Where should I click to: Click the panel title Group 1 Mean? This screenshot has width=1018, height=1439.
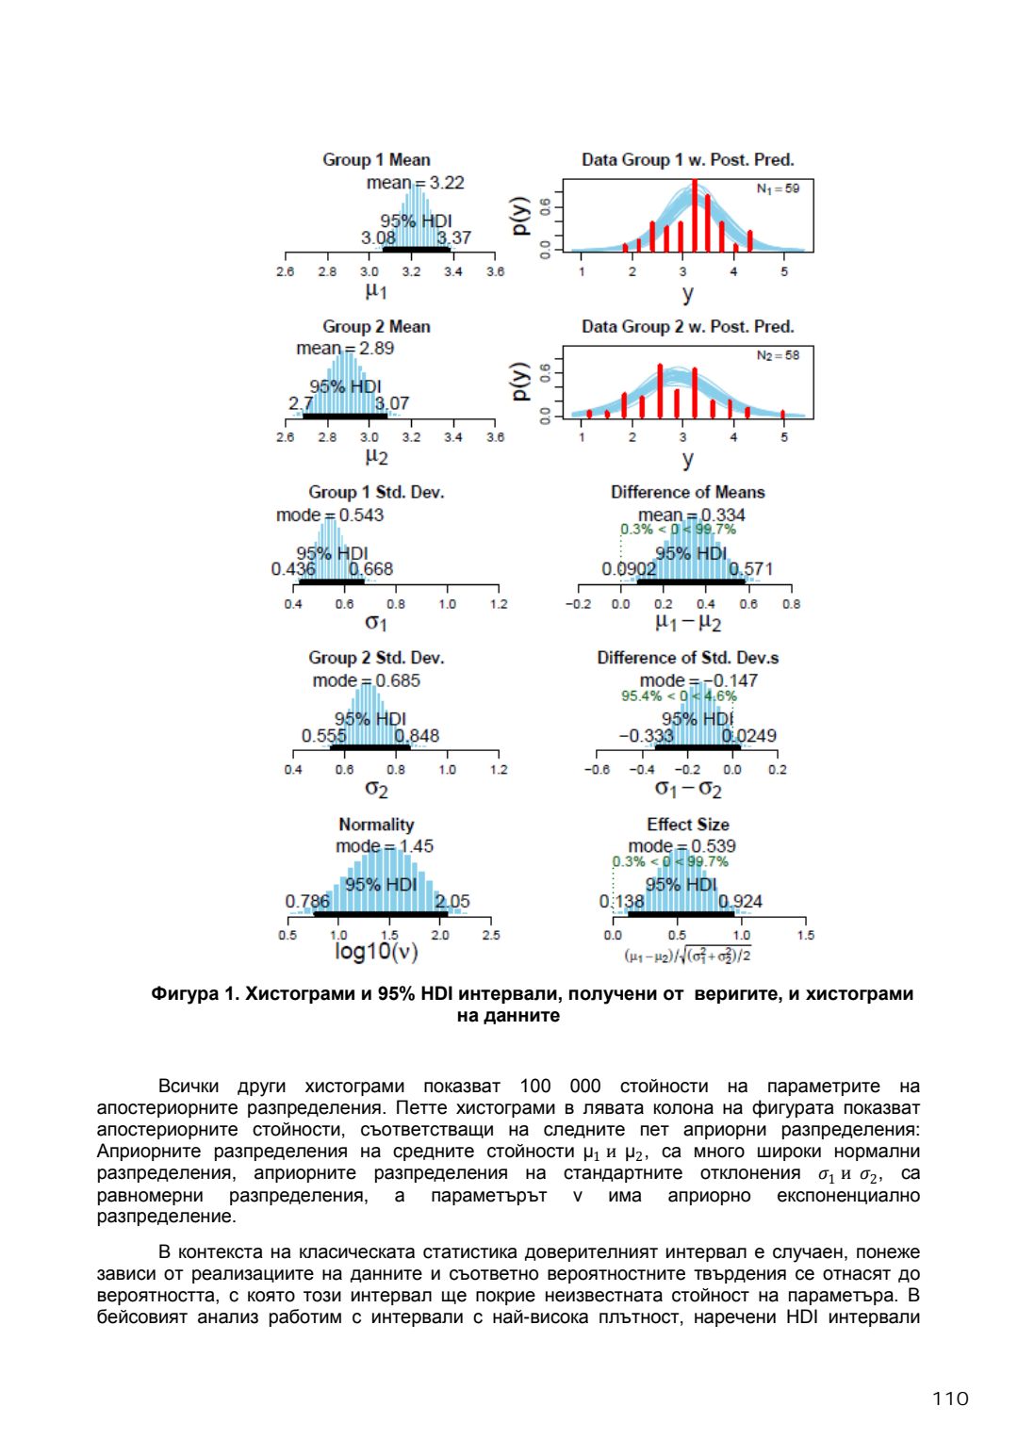click(376, 160)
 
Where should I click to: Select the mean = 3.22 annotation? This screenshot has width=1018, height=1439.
click(415, 183)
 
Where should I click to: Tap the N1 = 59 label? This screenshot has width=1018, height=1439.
click(778, 188)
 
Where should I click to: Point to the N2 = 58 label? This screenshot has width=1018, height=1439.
click(778, 355)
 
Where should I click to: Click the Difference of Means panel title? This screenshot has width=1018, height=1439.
click(687, 492)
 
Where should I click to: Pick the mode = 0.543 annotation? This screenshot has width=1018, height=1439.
click(330, 515)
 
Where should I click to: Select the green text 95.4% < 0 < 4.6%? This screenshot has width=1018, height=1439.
click(679, 696)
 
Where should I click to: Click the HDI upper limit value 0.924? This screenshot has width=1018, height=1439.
click(741, 902)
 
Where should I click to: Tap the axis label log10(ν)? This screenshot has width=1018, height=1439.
click(376, 952)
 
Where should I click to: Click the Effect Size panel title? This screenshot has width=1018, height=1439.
click(687, 825)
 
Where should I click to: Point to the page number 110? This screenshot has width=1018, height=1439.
click(950, 1398)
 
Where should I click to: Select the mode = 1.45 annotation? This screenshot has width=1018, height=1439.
click(385, 846)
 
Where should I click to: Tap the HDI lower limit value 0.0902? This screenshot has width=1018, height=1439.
click(629, 569)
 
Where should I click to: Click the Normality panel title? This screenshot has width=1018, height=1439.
click(376, 825)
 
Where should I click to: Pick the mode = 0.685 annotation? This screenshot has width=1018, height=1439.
click(367, 680)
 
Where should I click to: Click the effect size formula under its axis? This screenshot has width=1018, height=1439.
click(687, 956)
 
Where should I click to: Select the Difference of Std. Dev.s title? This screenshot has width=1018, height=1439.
click(687, 658)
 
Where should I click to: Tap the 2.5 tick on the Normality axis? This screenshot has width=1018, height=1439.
click(491, 936)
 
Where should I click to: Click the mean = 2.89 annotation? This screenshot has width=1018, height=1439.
click(345, 349)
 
